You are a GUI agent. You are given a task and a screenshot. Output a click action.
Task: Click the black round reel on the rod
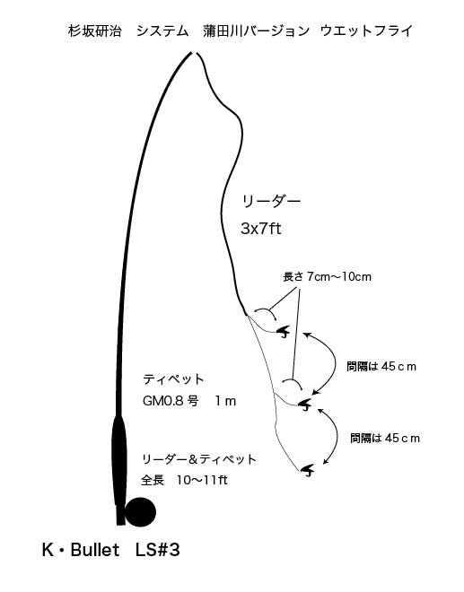[x=140, y=512]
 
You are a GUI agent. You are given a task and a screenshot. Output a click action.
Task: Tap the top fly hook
[x=283, y=332]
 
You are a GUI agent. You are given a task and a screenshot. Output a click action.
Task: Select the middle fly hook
[x=305, y=405]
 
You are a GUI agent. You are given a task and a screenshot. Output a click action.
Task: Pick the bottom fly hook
[x=308, y=470]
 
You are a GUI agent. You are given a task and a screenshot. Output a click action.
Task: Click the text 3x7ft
[x=261, y=229]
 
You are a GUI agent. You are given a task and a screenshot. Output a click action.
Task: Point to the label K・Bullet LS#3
[x=111, y=550]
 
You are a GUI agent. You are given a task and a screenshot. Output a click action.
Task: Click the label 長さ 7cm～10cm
[x=328, y=277]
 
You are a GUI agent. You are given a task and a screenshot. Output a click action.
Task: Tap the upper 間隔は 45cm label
[x=381, y=366]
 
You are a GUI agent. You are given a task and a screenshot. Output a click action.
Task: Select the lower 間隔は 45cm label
[x=385, y=438]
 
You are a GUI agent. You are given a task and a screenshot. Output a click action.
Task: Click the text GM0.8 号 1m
[x=189, y=401]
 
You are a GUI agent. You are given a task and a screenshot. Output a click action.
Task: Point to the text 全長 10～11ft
[x=184, y=480]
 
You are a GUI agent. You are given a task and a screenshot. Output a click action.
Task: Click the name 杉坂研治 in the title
[x=95, y=30]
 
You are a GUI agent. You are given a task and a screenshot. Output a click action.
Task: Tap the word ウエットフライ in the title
[x=366, y=30]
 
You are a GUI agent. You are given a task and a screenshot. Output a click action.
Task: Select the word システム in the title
[x=162, y=30]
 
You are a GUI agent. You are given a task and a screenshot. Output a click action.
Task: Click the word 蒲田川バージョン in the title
[x=256, y=30]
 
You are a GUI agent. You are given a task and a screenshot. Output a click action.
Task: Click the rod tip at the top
[x=191, y=53]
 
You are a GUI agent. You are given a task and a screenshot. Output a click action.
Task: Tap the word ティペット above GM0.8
[x=173, y=379]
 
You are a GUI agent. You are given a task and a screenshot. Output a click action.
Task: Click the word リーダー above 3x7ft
[x=271, y=201]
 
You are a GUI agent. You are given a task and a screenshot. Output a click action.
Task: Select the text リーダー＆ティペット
[x=199, y=459]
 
